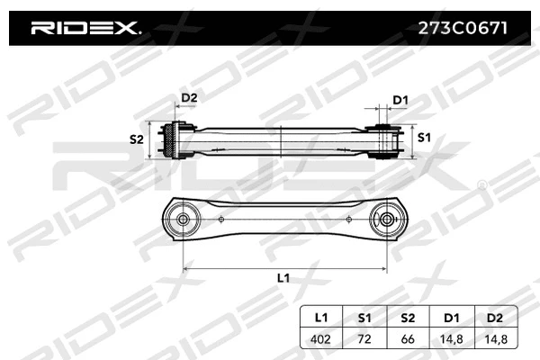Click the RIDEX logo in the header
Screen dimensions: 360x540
[85, 28]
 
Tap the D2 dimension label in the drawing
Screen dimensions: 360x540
[189, 97]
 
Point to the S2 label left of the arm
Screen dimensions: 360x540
[137, 139]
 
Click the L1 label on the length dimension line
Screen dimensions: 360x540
[283, 279]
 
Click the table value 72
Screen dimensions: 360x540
[364, 339]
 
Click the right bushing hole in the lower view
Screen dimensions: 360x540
[388, 218]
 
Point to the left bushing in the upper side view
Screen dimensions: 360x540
[175, 140]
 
